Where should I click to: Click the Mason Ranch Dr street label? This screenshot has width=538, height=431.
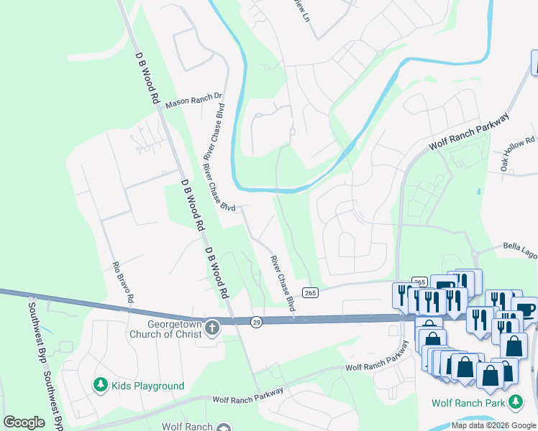[194, 102]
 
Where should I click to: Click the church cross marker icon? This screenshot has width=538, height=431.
[211, 328]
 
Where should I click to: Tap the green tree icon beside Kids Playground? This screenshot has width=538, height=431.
[100, 386]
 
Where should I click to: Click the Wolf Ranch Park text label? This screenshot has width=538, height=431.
[469, 402]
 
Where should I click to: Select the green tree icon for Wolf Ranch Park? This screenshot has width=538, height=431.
[515, 402]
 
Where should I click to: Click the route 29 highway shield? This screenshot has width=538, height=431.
[257, 323]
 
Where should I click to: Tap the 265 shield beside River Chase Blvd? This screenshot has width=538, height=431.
[309, 292]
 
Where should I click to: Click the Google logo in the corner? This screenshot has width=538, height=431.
[24, 422]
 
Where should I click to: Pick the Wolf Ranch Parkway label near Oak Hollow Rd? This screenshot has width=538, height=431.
[469, 131]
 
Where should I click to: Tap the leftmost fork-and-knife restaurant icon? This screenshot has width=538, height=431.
[403, 295]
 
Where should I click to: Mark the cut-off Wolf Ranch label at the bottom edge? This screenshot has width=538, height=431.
[186, 426]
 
